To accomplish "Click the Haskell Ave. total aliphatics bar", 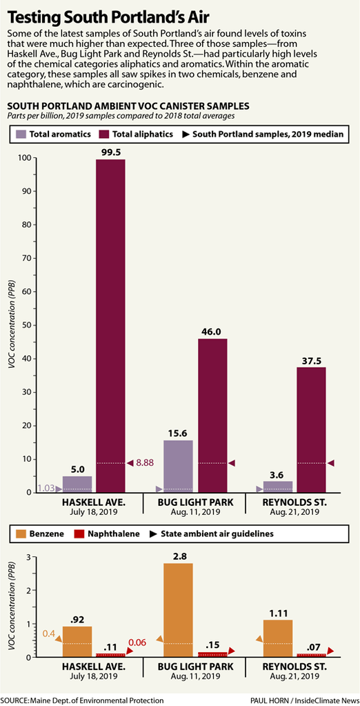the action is pos(111,326).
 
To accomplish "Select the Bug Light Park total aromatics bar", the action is pos(178,467).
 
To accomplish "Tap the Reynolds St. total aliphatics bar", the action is pos(311,430).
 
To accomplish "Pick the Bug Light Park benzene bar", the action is pos(178,610).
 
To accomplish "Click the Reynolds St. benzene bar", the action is pos(278,638).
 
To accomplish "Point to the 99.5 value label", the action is pos(111,153).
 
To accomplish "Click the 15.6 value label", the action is pos(178,433).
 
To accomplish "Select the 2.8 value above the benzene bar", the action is pos(178,556).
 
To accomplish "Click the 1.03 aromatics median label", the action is pos(46,488).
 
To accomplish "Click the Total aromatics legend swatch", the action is pos(20,134).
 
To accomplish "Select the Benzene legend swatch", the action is pos(20,534).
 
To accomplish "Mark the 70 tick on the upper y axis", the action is pos(26,258).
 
